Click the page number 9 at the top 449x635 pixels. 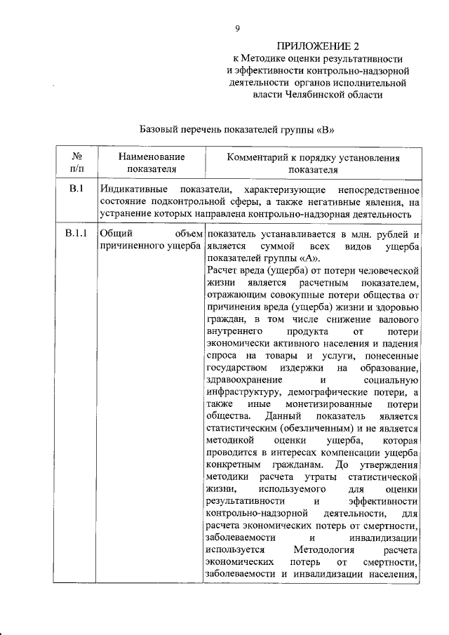(x=237, y=28)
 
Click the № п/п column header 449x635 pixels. (x=76, y=163)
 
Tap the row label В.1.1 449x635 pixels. (x=76, y=234)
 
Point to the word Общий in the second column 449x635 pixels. (x=114, y=234)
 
